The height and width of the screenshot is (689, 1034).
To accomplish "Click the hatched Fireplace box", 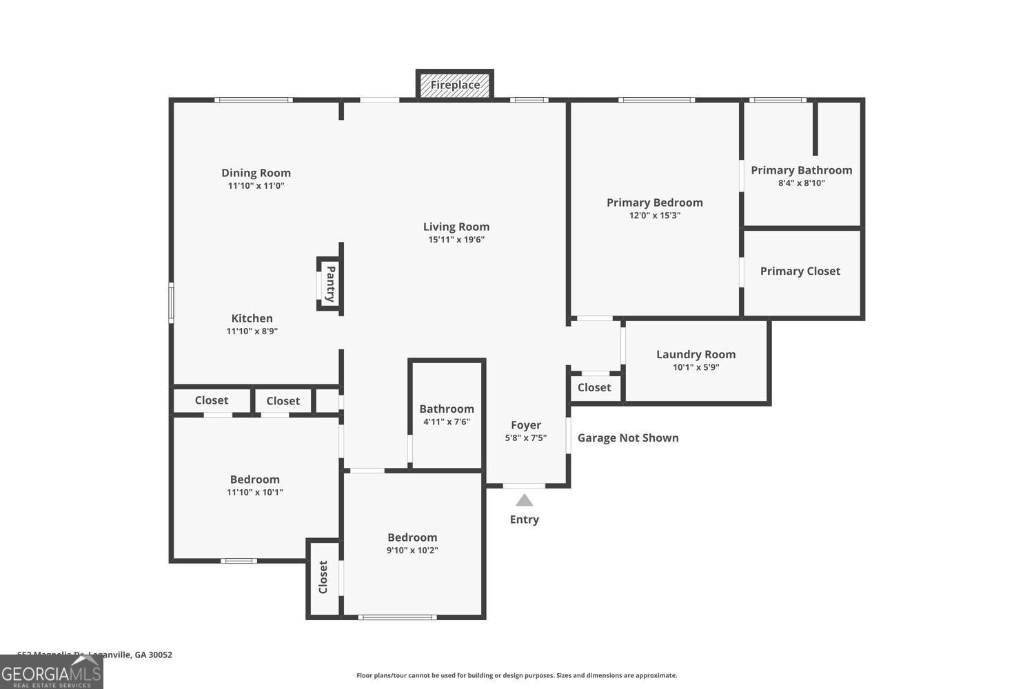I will pos(455,85).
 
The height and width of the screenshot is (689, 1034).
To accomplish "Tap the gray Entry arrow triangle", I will pos(525,500).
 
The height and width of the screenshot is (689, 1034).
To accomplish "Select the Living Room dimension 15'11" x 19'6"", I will pos(456,240).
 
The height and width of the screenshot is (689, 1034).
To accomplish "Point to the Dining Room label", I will pos(256,173).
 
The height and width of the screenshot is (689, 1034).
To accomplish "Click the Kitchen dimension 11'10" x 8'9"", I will pos(252,331).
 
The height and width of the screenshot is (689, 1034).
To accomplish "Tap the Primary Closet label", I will pos(800,271).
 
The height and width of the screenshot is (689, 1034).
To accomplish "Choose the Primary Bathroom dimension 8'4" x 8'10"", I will pos(801,183).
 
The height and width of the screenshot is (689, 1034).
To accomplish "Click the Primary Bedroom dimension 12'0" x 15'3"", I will pos(654,216).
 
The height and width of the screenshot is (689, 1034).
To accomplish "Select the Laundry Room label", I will pos(696,354).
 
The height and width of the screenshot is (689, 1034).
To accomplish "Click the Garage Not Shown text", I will pos(627,438).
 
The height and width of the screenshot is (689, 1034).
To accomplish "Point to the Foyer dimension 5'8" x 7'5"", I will pos(525,438).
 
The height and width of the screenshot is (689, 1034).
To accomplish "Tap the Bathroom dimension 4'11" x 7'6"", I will pos(446,422).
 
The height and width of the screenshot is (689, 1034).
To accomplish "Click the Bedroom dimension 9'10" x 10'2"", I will pos(412,551).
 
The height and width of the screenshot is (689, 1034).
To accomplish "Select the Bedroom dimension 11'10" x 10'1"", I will pos(254,493).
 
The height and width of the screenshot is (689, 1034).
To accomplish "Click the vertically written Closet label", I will pos(323,577).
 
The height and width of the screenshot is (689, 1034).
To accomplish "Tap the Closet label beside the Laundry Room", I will pos(594,388).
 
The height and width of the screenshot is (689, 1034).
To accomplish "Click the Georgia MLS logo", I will pos(51,672).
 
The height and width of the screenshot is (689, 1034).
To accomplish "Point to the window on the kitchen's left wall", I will pos(172,302).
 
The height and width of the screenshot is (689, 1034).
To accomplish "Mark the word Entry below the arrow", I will pos(524,520).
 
